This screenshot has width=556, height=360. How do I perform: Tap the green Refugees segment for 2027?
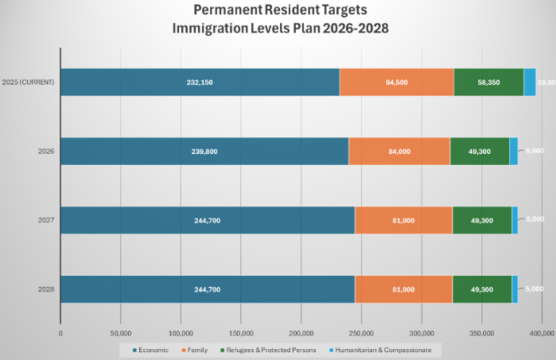(x=482, y=220)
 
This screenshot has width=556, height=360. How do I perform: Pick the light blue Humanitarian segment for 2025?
(x=529, y=82)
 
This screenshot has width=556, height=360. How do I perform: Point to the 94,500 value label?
(x=396, y=82)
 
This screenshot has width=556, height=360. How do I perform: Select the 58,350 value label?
(x=488, y=82)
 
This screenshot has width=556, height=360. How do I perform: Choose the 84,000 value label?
(x=399, y=152)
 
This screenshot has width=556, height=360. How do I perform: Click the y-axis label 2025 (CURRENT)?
(x=28, y=82)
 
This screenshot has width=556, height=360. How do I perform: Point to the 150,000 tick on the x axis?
(x=241, y=333)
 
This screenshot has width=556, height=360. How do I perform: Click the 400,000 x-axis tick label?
(x=541, y=333)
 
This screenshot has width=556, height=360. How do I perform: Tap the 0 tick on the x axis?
(x=60, y=333)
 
